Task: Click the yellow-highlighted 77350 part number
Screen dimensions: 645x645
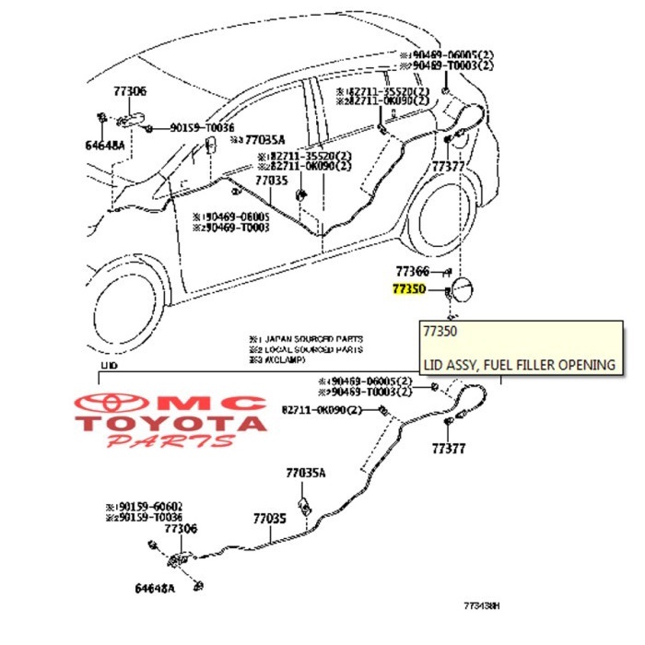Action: [x=408, y=288]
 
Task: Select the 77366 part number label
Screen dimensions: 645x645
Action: [x=412, y=271]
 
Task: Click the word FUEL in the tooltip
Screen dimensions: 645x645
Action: [x=500, y=365]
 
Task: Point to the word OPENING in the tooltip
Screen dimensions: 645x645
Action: [x=588, y=365]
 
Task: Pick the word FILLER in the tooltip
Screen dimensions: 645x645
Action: [x=541, y=365]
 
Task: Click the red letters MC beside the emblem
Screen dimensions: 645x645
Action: [x=220, y=404]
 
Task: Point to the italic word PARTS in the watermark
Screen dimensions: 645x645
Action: [x=170, y=442]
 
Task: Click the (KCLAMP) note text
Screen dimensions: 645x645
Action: [x=276, y=360]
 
